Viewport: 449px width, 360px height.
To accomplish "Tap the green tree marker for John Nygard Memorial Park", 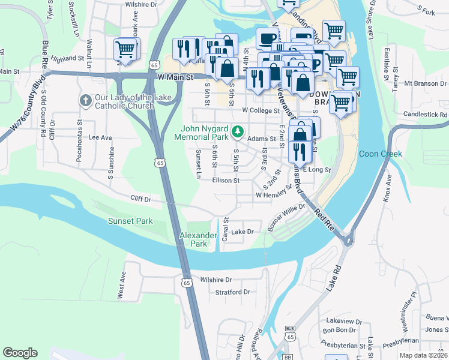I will point(238,130).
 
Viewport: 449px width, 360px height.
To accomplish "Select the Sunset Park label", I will point(130,221).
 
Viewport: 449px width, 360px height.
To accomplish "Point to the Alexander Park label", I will point(197,239).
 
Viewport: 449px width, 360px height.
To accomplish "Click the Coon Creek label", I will point(380,154).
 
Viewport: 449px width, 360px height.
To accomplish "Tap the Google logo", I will point(20,353).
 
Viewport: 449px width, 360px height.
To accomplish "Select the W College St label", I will point(261,111).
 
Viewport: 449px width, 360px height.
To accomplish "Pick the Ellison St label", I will point(226,180).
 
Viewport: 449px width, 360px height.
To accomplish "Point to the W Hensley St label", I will point(273,196).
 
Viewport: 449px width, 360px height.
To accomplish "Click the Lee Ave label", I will point(100,137).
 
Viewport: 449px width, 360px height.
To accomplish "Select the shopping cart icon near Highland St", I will point(125,50).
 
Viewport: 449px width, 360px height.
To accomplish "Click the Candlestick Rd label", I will point(426,114).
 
